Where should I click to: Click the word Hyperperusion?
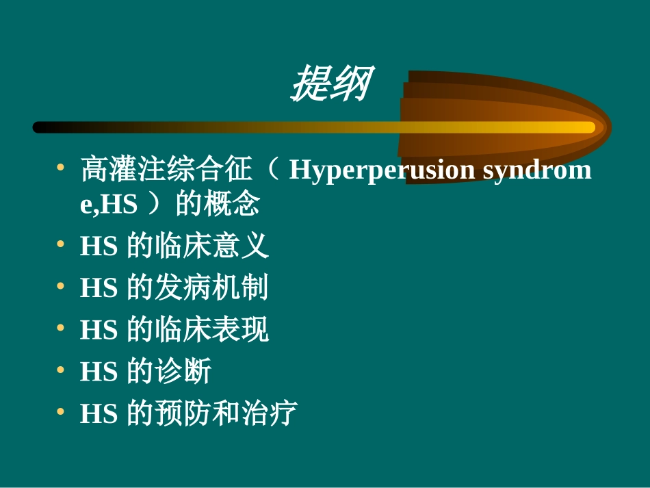point(382,170)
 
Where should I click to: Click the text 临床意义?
point(212,246)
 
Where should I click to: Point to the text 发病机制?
point(212,287)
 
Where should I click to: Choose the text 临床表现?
point(212,330)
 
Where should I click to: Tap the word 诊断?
point(183,372)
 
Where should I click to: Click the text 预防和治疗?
point(226,413)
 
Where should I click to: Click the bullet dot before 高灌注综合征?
point(62,166)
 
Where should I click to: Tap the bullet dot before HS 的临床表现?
point(62,327)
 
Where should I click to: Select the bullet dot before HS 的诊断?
point(62,370)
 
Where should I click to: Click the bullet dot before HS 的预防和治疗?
point(62,411)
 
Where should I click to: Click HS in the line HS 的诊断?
point(99,372)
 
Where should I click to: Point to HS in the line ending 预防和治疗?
point(99,414)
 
